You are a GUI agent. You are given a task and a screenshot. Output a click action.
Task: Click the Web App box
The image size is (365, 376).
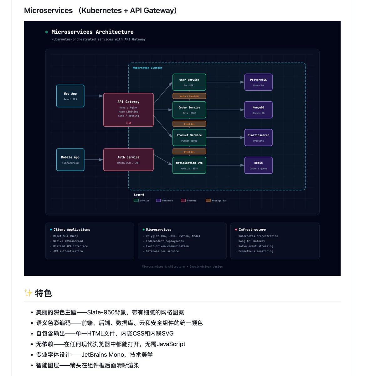coord(70,96)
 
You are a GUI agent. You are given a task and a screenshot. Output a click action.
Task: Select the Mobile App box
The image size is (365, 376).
coord(70,159)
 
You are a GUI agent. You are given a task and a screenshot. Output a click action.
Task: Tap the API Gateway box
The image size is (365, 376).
coord(128,110)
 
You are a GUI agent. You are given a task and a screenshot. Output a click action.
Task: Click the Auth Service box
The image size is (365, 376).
coord(128,159)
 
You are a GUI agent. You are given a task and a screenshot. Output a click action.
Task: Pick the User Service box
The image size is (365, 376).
coord(189,82)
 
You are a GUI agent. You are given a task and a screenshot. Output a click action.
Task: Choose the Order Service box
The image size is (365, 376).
coord(189,110)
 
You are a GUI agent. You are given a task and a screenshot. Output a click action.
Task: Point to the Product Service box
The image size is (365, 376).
coord(189,138)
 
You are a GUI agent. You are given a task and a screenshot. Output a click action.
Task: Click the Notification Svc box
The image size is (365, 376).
coord(189,165)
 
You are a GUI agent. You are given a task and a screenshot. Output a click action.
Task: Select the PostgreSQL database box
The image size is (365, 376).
coord(258,82)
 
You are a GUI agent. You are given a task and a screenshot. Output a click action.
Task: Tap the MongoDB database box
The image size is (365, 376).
coord(258,110)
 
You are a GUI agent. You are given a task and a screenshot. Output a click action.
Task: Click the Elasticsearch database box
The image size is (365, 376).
coord(258,138)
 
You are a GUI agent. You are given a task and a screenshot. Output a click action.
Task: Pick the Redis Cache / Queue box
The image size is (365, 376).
coord(258,165)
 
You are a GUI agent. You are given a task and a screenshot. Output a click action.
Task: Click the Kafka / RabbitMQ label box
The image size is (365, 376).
coord(189,96)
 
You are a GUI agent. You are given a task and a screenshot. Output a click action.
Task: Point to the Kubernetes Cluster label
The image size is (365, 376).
coord(147,68)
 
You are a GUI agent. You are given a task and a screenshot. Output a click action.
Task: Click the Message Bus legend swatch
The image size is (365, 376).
coord(208,201)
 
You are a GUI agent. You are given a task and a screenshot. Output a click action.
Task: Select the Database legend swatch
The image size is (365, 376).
coord(158,201)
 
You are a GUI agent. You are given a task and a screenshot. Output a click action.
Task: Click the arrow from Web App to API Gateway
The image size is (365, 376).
coord(94,96)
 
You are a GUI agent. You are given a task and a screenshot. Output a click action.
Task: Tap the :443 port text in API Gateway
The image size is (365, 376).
coord(128,123)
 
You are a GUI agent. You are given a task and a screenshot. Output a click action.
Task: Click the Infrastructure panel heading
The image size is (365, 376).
coord(252,230)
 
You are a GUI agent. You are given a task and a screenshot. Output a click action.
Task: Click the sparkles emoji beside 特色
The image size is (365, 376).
coord(28,293)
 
